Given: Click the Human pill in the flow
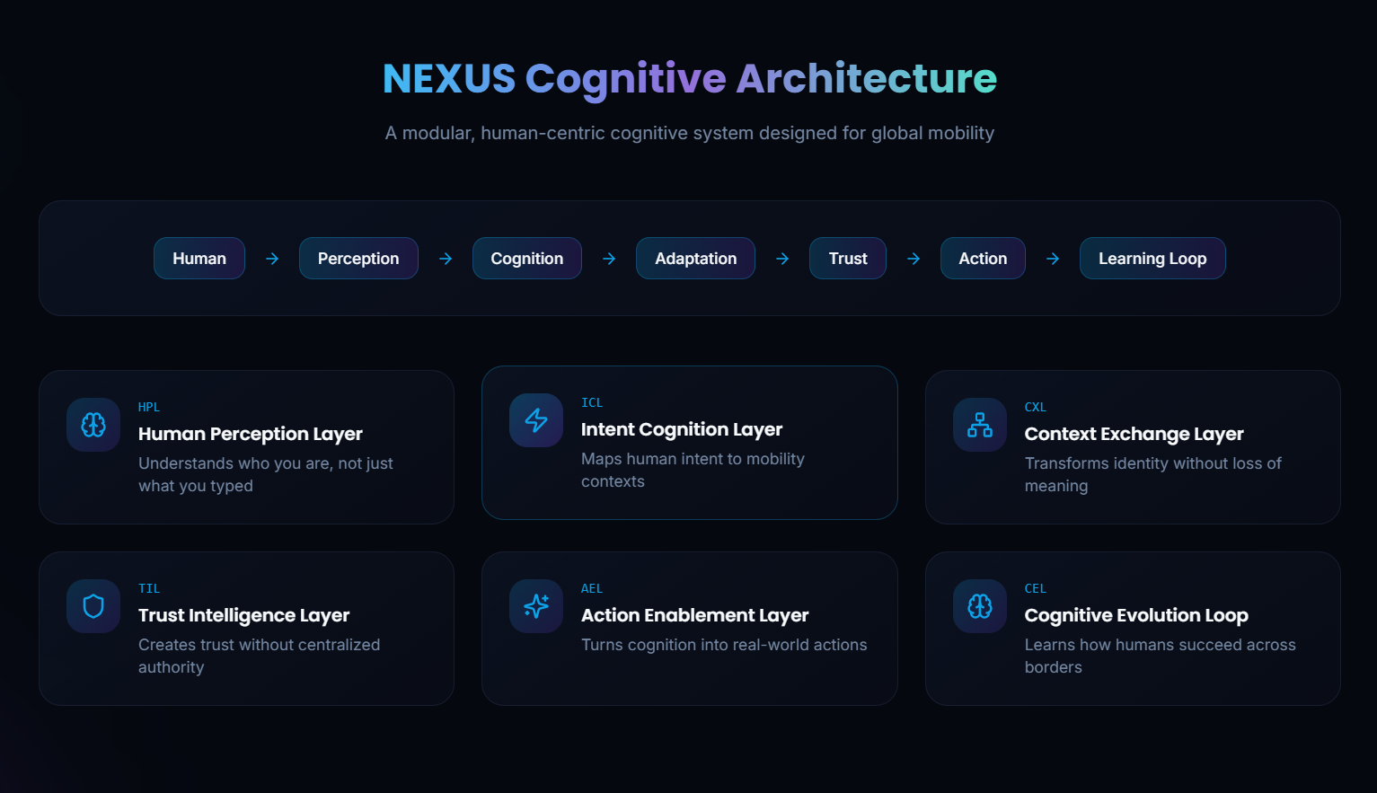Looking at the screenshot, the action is point(199,259).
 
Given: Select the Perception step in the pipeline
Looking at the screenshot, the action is point(358,259).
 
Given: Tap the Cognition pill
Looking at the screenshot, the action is point(526,259).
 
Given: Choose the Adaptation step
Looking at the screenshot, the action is point(695,259).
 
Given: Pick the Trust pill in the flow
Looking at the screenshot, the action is point(848,259).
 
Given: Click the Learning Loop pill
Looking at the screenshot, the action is point(1152,259).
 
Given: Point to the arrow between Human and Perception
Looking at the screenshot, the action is point(272,259).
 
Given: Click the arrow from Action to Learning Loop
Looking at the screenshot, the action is point(1053,259).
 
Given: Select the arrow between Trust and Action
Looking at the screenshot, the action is point(914,259).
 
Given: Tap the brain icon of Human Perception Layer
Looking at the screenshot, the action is point(93,425).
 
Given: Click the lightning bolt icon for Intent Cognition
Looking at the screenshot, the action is point(536,420).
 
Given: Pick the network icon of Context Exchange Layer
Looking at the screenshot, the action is point(980,425).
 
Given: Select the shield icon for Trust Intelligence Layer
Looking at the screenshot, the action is point(93,606).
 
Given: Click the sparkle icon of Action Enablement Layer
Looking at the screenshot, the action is point(536,606).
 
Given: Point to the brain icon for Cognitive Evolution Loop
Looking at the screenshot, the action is point(980,606).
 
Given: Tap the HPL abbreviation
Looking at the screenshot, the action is point(149,408).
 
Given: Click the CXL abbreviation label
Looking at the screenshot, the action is point(1036,408).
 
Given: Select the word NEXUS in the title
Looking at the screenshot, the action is point(449,79).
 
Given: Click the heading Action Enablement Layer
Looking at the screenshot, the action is point(694,615).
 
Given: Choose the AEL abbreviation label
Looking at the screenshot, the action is point(592,589).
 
